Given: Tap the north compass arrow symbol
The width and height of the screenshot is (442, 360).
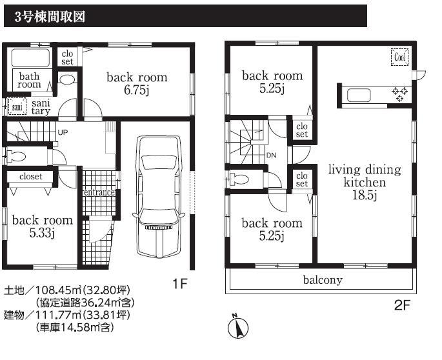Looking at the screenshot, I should (x=237, y=328).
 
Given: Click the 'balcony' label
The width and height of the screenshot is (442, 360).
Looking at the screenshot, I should (x=323, y=280).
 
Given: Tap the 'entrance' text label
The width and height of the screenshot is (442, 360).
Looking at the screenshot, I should (x=99, y=192).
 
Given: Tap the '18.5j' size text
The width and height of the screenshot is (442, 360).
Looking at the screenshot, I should (x=365, y=195).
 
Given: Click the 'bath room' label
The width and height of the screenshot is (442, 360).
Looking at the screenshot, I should (x=29, y=80).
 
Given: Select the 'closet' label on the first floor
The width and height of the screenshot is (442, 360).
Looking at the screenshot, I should (x=31, y=176).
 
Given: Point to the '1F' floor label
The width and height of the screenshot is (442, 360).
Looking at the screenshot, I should (x=181, y=282).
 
